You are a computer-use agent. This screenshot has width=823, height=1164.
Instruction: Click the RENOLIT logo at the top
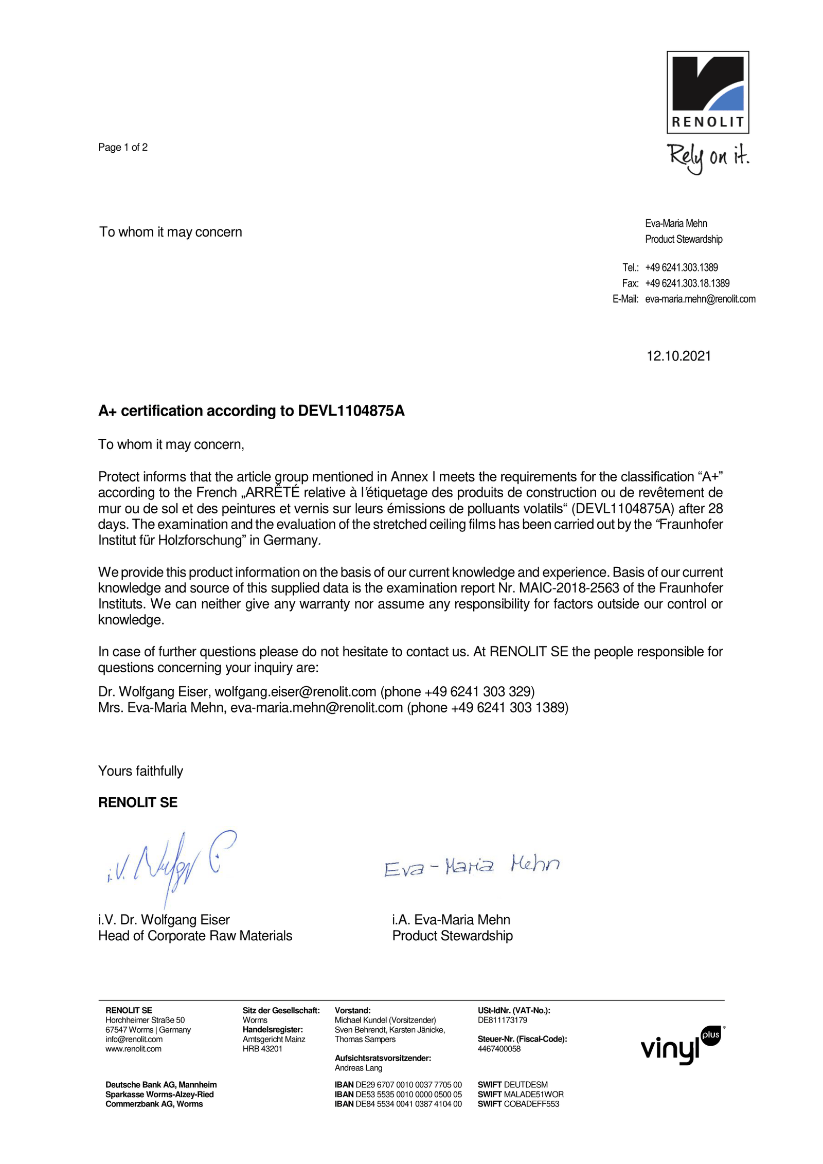coord(707,92)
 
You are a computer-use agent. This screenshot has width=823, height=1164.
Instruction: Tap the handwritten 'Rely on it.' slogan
coord(708,157)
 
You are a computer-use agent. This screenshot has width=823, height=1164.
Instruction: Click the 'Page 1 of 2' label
coord(123,148)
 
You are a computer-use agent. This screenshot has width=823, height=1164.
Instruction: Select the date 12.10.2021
coord(678,356)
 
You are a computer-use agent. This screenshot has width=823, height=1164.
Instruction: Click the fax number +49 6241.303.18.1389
coord(687,283)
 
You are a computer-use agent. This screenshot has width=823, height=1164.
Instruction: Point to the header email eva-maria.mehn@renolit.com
coord(700,299)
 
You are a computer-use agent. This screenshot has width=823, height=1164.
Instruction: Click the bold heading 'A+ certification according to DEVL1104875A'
coord(251,411)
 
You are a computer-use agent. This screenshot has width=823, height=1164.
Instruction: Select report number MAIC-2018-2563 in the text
coord(569,588)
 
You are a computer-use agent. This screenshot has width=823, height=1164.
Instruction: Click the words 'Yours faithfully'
coord(140,771)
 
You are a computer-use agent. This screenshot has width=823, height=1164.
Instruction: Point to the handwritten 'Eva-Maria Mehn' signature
coord(472,866)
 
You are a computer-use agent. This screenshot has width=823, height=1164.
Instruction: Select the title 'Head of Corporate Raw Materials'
coord(195,936)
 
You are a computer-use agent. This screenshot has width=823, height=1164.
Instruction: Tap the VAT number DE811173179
coord(503,1020)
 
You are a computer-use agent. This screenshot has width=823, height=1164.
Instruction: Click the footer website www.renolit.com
coord(133,1049)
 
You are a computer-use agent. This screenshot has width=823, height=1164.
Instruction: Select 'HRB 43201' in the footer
coord(262,1049)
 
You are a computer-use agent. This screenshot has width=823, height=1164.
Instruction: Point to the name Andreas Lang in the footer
coord(359,1068)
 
